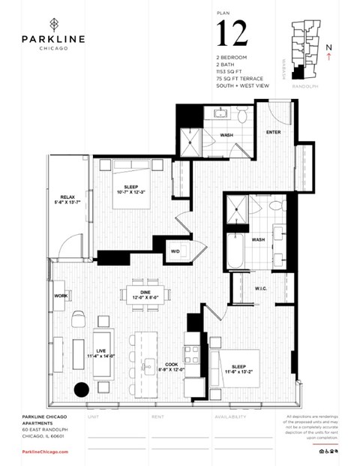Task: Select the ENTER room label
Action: point(274,132)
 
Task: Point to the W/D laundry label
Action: point(175,251)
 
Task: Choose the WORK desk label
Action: point(61,296)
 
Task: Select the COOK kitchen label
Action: point(172,363)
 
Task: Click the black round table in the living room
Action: point(82,390)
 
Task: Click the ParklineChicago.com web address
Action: point(45,452)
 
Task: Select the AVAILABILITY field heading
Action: point(230,416)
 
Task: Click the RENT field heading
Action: point(158,416)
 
